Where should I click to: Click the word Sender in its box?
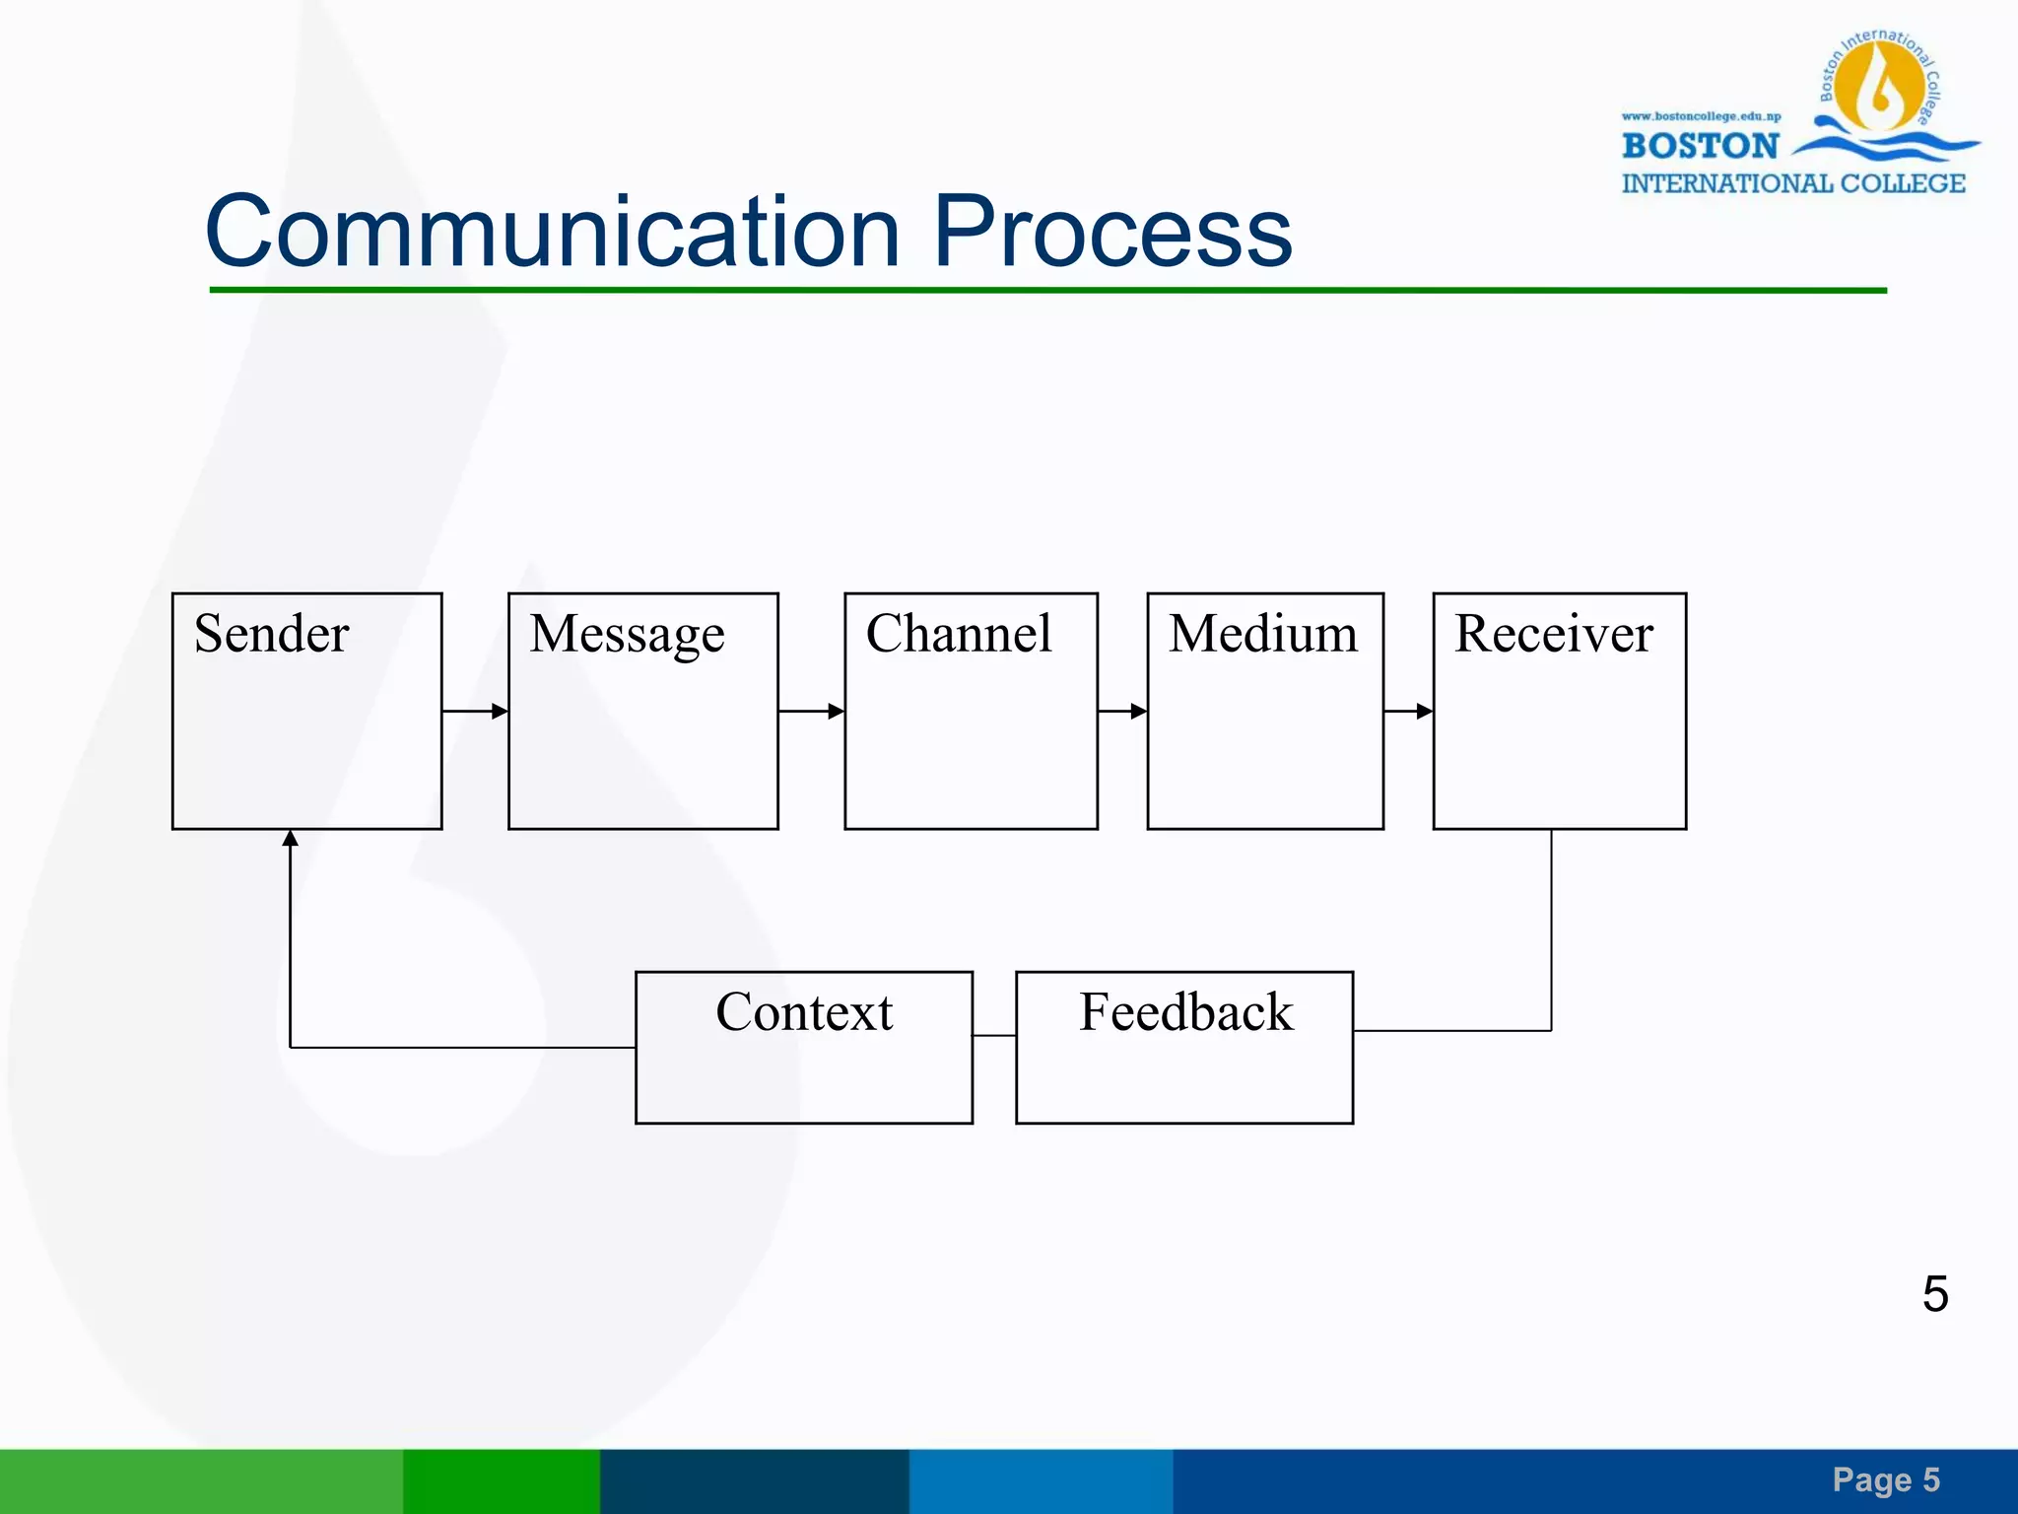[271, 634]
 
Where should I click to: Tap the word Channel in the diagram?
[958, 634]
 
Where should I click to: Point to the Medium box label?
[1262, 634]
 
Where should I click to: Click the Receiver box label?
[1553, 634]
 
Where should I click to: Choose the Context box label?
[804, 1012]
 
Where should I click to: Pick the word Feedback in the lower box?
[1185, 1012]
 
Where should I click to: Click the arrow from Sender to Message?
[475, 711]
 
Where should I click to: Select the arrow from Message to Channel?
[811, 711]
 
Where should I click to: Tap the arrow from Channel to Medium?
[1122, 711]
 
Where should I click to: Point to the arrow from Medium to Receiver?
[1408, 711]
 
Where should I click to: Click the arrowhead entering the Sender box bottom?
[290, 839]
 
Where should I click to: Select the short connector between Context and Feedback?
[994, 1035]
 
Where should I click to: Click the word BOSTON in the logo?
[1700, 146]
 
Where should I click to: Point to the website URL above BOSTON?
[1701, 116]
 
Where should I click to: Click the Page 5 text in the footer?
[1885, 1480]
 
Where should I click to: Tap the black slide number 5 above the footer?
[1934, 1293]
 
